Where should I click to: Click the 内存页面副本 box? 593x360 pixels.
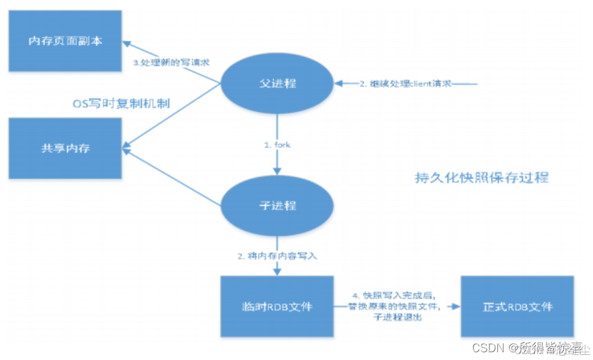tap(65, 41)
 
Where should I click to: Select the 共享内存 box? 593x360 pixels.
tap(65, 148)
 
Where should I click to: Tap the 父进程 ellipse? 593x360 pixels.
tap(277, 83)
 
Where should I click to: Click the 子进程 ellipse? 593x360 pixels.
tap(277, 206)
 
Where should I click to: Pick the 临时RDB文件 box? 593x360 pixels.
tap(276, 306)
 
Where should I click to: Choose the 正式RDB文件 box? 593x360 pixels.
tap(517, 306)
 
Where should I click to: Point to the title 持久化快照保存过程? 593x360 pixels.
tap(481, 178)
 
